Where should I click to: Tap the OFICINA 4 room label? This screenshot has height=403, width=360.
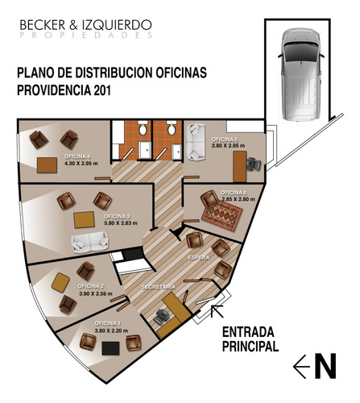coord(77,156)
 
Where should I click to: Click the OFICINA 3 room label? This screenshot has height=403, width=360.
coord(118,217)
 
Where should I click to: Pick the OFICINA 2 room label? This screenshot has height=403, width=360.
coord(91,286)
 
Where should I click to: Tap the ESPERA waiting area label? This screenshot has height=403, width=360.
coord(198,256)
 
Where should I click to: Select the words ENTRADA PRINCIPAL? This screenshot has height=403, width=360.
coord(250,339)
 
